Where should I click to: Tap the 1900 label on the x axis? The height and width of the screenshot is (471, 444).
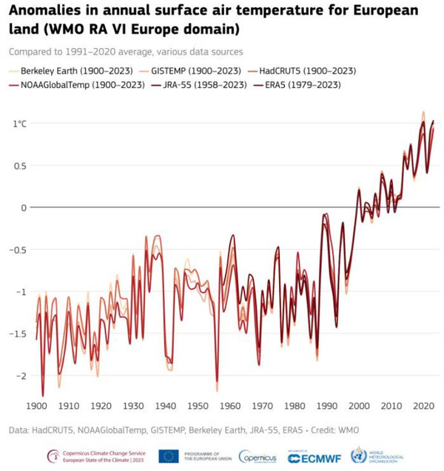click(x=36, y=406)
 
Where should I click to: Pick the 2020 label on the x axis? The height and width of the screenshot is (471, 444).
click(x=423, y=406)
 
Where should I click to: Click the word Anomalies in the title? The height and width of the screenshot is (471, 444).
click(x=53, y=13)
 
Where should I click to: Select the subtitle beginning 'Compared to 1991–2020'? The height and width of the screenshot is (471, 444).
click(x=127, y=52)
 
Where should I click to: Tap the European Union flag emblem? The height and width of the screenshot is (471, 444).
click(x=168, y=456)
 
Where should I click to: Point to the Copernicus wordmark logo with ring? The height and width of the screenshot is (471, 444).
click(x=258, y=457)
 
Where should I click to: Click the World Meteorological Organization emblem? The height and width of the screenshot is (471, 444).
click(x=359, y=455)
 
